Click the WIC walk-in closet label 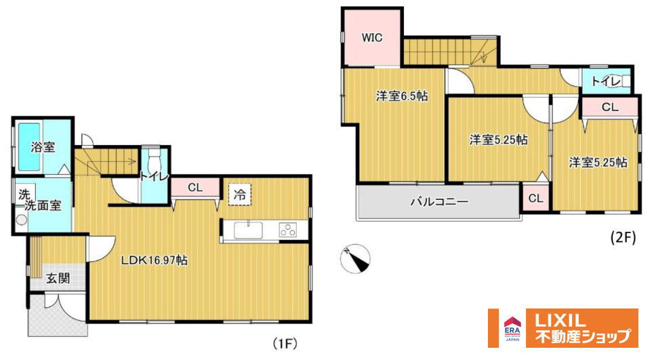click(372, 38)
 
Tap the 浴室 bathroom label click(43, 146)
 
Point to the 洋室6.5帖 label click(402, 96)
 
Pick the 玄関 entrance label click(58, 278)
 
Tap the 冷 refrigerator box click(240, 194)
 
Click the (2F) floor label click(621, 239)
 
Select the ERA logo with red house click(510, 327)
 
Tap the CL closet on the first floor click(195, 187)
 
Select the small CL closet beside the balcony click(535, 198)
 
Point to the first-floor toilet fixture click(154, 164)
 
